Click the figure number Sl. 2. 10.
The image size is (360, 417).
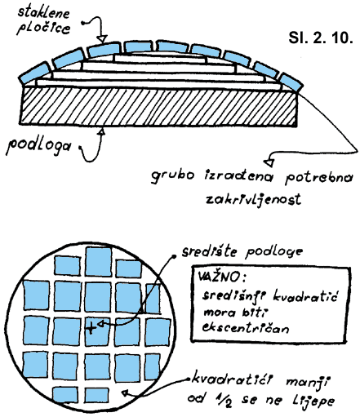click(x=321, y=38)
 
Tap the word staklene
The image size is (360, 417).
click(x=43, y=13)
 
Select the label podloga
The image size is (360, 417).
click(x=38, y=146)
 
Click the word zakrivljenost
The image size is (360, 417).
click(x=253, y=199)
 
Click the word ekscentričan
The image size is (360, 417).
click(x=245, y=328)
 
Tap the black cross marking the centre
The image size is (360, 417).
click(x=91, y=328)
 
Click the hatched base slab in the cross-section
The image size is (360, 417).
click(x=158, y=106)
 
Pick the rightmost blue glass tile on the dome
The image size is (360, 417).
click(x=291, y=82)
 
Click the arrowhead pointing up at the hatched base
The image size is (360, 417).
click(x=102, y=131)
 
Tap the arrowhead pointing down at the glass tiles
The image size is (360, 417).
click(x=103, y=39)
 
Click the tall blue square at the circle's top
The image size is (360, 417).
click(x=98, y=261)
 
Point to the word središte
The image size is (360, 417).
click(x=209, y=251)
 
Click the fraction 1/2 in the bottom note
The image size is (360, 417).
click(x=223, y=401)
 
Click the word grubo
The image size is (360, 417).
click(x=173, y=176)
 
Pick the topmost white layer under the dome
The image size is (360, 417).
click(x=160, y=58)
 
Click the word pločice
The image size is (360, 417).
click(x=43, y=29)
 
